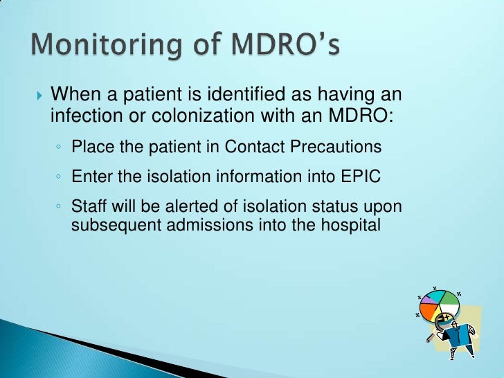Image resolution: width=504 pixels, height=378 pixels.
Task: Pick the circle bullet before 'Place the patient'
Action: [60, 147]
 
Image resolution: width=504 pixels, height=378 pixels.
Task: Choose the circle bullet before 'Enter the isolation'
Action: [60, 178]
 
